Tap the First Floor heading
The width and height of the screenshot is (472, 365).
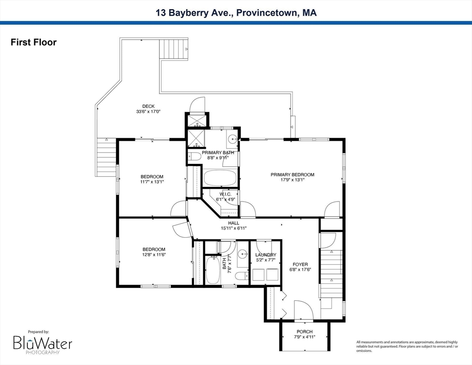click(33, 42)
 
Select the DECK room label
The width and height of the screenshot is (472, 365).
click(149, 106)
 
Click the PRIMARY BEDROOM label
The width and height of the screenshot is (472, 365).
click(293, 174)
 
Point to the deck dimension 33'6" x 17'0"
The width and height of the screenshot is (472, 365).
click(149, 112)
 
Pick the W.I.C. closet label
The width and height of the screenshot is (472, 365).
click(226, 194)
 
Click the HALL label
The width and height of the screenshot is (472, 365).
click(234, 223)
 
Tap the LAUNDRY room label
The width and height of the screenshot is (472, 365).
click(266, 255)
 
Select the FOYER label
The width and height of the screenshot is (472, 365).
click(300, 265)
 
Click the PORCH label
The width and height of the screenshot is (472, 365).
click(305, 332)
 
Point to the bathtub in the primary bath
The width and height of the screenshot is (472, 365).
click(220, 178)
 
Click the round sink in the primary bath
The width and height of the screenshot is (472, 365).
click(232, 139)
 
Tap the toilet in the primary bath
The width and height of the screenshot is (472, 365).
click(195, 156)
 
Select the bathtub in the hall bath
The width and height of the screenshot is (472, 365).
click(213, 270)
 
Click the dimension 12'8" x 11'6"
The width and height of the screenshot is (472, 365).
click(154, 255)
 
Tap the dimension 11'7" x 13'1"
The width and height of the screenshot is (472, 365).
click(152, 182)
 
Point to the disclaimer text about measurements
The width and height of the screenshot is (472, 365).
click(407, 346)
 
